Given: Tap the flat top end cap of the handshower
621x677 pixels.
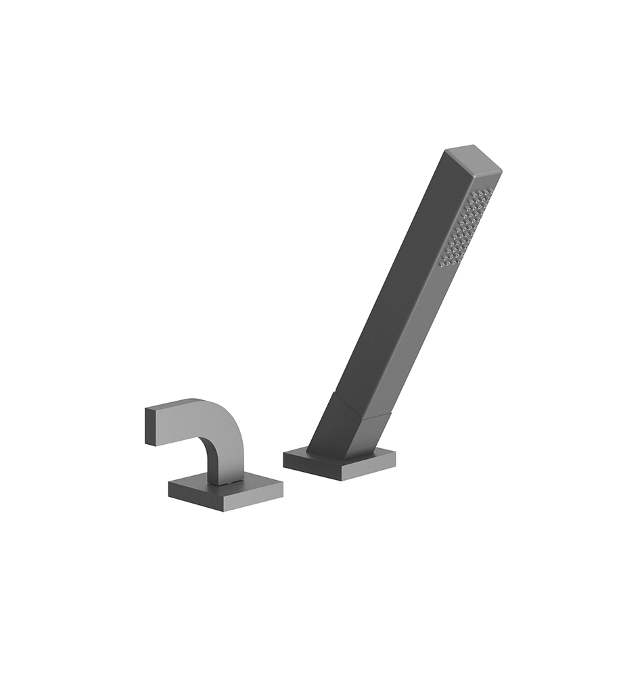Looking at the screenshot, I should [x=474, y=158].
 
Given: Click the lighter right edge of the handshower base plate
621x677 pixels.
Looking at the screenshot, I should [x=369, y=471].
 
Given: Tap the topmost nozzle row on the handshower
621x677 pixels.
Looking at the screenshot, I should [x=482, y=192].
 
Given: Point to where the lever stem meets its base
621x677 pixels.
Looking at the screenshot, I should [x=227, y=482].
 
